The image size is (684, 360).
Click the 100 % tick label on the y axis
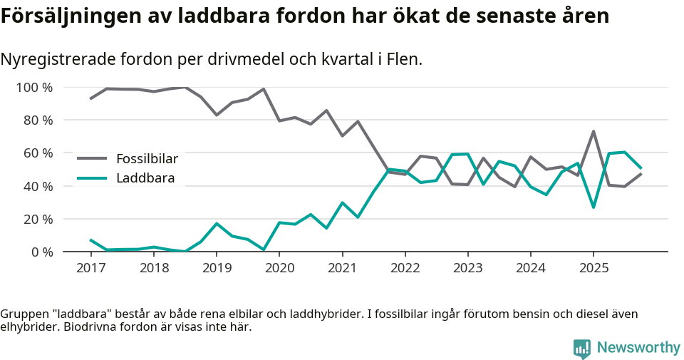point(34,88)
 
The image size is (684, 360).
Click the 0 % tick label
point(41,252)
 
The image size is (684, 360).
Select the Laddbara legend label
point(145,178)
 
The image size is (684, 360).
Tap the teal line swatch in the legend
point(92,178)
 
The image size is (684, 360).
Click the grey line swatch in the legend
point(92,158)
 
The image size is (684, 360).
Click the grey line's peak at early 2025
point(593,131)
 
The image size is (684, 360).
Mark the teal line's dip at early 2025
point(593,207)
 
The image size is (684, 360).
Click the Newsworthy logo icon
point(582,348)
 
